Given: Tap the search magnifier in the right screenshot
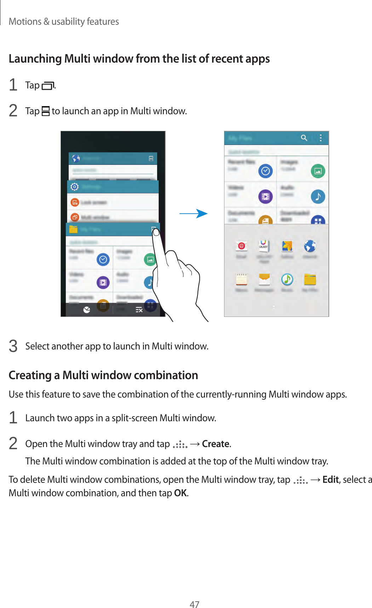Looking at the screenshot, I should [x=304, y=138].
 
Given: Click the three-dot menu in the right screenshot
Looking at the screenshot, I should [x=321, y=138].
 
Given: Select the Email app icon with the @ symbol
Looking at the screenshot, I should [x=242, y=246].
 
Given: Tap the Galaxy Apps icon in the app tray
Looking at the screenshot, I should [x=264, y=246].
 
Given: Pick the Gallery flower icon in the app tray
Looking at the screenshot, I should [x=287, y=246].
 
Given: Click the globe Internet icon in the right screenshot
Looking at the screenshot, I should [x=310, y=246].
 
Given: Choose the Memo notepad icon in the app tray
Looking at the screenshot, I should [x=241, y=279].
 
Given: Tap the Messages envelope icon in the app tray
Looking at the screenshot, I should [x=264, y=279].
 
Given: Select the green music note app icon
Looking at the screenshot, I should [x=287, y=279].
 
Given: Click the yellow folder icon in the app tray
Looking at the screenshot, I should [x=310, y=279].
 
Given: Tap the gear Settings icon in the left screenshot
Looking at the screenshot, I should [x=74, y=186].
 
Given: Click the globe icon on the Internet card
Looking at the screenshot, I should [x=76, y=158].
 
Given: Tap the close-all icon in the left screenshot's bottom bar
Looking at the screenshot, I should [x=139, y=310].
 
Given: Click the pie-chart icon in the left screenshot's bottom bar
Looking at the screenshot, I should [x=87, y=310].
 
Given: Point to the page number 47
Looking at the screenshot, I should [x=194, y=604].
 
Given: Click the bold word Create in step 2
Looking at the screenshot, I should [x=216, y=444].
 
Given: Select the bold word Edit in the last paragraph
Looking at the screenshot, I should [x=331, y=480].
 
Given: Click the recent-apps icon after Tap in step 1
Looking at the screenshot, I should [x=48, y=86].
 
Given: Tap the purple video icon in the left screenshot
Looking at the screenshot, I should [x=103, y=282].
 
